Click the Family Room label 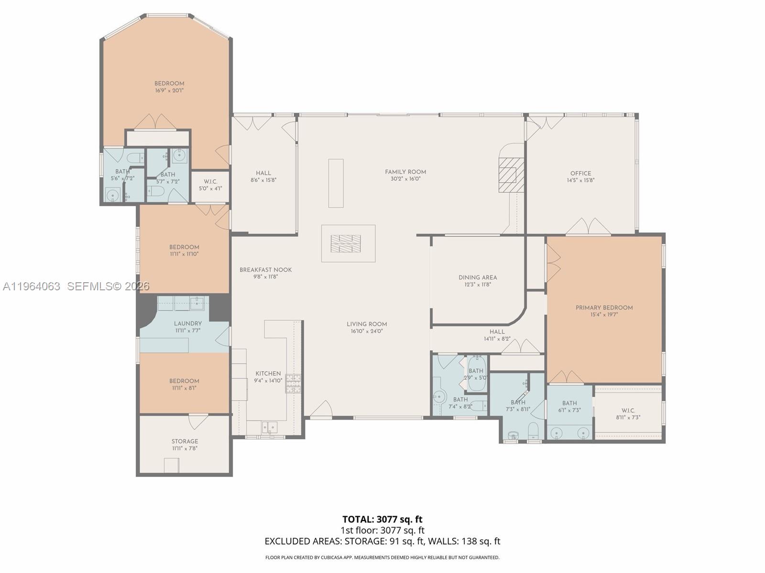(x=405, y=172)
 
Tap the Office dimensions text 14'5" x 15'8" (x=580, y=180)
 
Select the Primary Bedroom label (x=604, y=308)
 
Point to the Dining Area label (x=478, y=277)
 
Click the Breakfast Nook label (x=265, y=270)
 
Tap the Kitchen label (x=268, y=373)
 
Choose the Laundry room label (x=187, y=323)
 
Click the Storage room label (x=185, y=441)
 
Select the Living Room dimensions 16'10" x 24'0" (x=367, y=331)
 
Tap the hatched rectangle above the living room (x=346, y=244)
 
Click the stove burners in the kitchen (x=294, y=383)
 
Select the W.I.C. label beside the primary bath (x=628, y=411)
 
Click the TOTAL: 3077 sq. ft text (x=382, y=519)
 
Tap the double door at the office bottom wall (x=588, y=227)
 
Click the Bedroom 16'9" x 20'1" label (x=169, y=84)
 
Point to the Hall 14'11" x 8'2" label (x=497, y=331)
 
